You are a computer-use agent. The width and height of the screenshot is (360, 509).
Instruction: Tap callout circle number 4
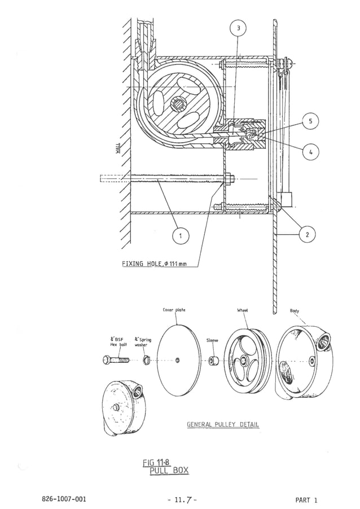(310, 151)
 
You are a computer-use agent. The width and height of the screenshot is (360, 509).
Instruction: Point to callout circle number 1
(180, 236)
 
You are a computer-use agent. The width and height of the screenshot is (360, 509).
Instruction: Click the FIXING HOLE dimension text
(155, 265)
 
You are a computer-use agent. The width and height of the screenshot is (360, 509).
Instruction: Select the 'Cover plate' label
(174, 310)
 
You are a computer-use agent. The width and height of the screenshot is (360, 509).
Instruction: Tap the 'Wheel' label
(243, 310)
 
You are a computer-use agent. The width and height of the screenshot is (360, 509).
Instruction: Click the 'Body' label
(295, 310)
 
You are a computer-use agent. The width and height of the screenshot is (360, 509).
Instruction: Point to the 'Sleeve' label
(212, 341)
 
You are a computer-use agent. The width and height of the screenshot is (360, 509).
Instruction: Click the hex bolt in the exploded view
(116, 359)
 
